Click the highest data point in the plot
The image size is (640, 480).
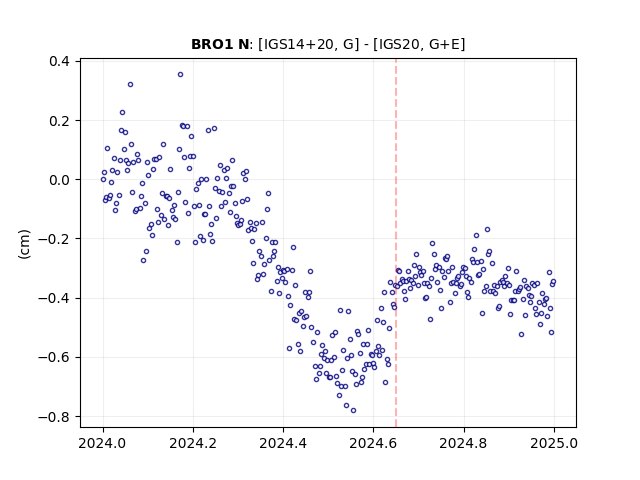(x=180, y=75)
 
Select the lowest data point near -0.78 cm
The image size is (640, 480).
(x=353, y=411)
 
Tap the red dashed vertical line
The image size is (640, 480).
(x=396, y=243)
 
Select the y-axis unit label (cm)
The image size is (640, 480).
(x=24, y=244)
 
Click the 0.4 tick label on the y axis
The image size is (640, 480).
(x=59, y=62)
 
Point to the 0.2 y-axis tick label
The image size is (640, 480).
(x=59, y=121)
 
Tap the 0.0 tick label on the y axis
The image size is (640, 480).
(x=59, y=180)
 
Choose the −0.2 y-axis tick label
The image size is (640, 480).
(x=54, y=239)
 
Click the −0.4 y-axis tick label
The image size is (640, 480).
(x=54, y=298)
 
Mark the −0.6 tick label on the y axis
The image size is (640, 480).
(x=54, y=358)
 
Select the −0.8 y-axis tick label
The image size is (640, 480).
(x=54, y=417)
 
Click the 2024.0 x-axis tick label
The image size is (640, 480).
(x=103, y=443)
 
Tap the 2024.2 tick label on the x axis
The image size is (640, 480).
(x=193, y=443)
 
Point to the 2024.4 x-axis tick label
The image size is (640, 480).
(x=283, y=443)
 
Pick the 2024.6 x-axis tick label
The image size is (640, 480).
(x=373, y=443)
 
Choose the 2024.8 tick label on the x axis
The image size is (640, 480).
(x=464, y=443)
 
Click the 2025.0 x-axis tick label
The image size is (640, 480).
(x=554, y=443)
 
